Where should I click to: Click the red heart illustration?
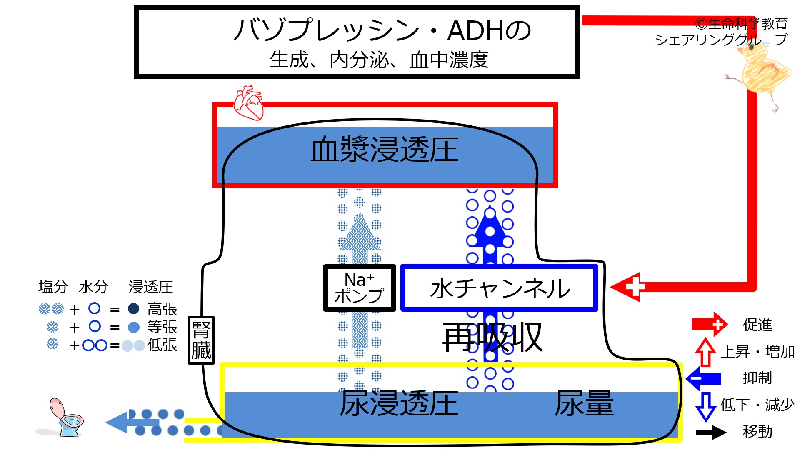[249, 103]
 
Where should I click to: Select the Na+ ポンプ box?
[360, 288]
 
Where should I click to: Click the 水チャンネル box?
[499, 288]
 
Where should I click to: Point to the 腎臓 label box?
[201, 340]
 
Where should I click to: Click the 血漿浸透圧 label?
[384, 150]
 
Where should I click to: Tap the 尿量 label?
[584, 403]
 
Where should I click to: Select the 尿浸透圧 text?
[399, 403]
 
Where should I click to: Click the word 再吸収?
[492, 337]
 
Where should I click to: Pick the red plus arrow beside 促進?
[710, 324]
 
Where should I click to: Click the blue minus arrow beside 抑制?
[704, 378]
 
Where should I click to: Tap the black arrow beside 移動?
[711, 432]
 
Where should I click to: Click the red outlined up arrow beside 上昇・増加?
[705, 352]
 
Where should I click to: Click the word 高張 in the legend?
[162, 309]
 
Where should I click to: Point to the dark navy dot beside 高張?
[133, 309]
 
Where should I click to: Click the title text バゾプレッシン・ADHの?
[382, 30]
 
